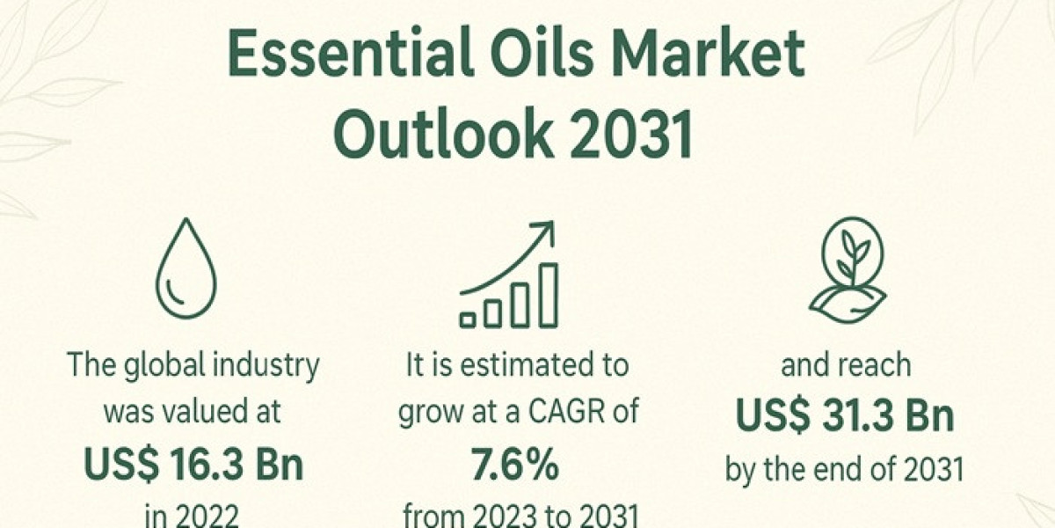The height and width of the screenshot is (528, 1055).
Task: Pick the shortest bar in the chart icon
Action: point(469,317)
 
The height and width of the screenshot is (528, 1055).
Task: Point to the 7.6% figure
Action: point(517,466)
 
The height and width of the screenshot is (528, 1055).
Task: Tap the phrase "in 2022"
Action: point(193,516)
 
